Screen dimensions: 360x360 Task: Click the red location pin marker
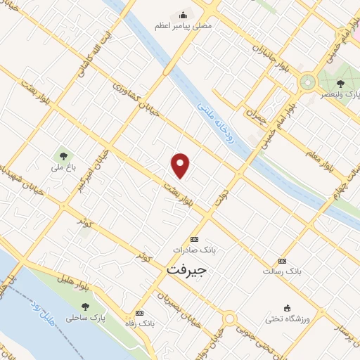point(181,165)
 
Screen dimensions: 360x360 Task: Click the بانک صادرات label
point(195,250)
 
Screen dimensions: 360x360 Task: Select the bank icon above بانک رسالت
point(283,260)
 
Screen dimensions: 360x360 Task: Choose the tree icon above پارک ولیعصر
point(341,84)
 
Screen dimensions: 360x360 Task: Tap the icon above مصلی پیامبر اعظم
point(184,14)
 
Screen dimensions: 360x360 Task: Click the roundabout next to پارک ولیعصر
point(307,82)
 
